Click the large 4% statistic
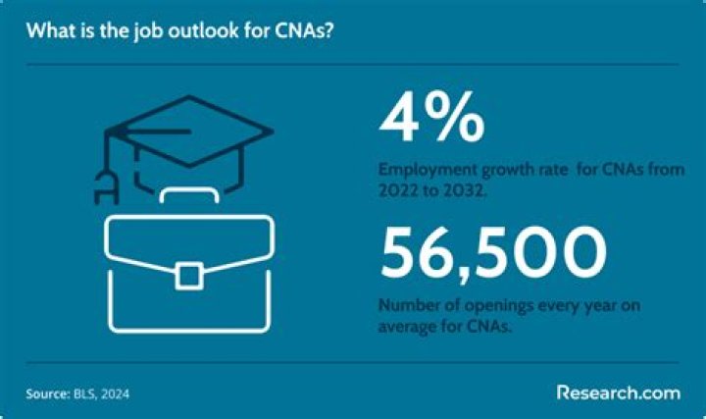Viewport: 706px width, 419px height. (431, 119)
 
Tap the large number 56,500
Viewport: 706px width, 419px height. (487, 254)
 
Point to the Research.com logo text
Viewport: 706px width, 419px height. (618, 392)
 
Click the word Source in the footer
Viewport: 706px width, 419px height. (46, 393)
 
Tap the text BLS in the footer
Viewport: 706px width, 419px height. (85, 393)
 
